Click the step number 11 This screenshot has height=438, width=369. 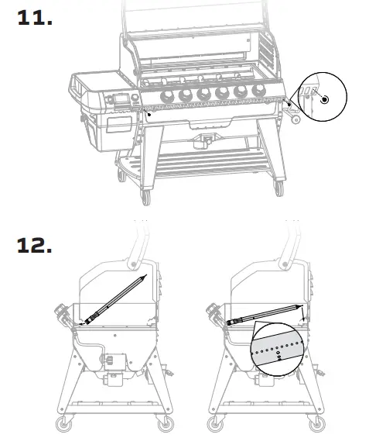(35, 18)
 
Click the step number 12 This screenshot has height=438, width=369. (35, 246)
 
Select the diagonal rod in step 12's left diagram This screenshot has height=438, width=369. (116, 298)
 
